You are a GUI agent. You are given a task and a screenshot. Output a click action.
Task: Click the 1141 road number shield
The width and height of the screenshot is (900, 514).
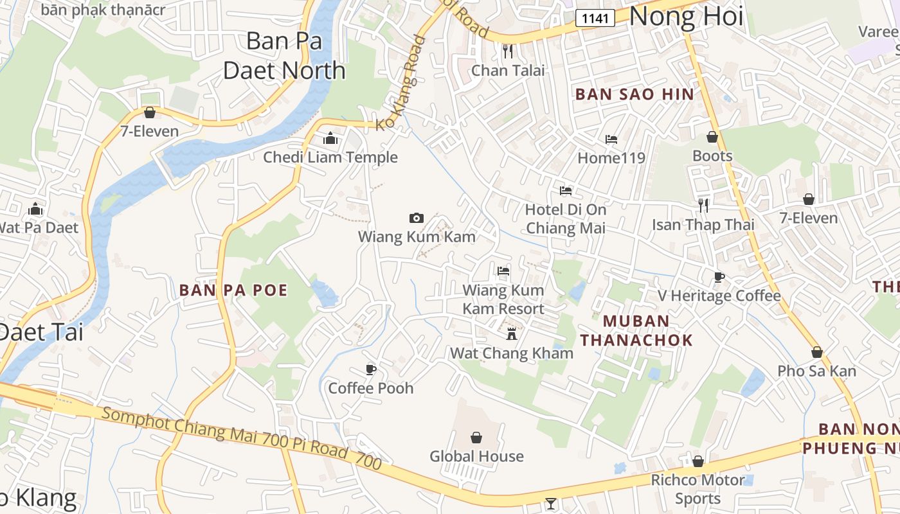pyautogui.click(x=595, y=18)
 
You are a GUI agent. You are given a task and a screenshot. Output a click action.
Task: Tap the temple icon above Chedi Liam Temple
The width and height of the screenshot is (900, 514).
pyautogui.click(x=330, y=138)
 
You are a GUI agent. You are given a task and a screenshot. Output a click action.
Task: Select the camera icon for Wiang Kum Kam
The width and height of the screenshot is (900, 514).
pyautogui.click(x=417, y=218)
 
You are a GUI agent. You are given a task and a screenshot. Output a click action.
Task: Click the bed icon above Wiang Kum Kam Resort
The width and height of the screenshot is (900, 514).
pyautogui.click(x=503, y=271)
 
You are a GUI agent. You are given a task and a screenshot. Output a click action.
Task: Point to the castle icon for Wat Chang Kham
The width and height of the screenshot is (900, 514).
pyautogui.click(x=512, y=333)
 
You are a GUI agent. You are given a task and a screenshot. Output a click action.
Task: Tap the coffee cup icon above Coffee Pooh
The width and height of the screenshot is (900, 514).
pyautogui.click(x=370, y=369)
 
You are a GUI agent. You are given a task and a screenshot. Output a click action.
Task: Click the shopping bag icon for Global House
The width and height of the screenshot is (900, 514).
pyautogui.click(x=476, y=438)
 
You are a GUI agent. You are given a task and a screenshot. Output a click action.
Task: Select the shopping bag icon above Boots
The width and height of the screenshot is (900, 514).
pyautogui.click(x=712, y=137)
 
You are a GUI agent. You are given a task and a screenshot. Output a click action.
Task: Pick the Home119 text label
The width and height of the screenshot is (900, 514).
pyautogui.click(x=611, y=157)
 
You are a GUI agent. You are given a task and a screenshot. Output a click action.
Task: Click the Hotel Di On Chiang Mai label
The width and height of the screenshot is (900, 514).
pyautogui.click(x=566, y=218)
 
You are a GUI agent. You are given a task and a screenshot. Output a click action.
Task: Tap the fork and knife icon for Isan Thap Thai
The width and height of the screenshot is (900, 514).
pyautogui.click(x=703, y=206)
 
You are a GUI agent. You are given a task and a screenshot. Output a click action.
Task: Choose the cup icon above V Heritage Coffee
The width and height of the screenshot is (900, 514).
pyautogui.click(x=719, y=277)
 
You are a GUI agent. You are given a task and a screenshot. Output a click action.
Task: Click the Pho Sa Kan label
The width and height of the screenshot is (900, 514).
pyautogui.click(x=816, y=371)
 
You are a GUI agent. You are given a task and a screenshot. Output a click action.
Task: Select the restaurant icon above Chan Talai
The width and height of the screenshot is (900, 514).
pyautogui.click(x=508, y=51)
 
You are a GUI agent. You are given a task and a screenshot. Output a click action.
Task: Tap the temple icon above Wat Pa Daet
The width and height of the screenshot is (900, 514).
pyautogui.click(x=35, y=209)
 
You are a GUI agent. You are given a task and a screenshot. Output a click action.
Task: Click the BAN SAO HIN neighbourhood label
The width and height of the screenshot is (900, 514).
pyautogui.click(x=634, y=94)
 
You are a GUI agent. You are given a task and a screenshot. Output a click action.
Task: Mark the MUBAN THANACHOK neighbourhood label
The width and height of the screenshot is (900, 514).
pyautogui.click(x=636, y=330)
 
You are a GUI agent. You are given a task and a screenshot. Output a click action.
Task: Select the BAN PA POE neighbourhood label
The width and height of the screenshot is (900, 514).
pyautogui.click(x=233, y=290)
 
